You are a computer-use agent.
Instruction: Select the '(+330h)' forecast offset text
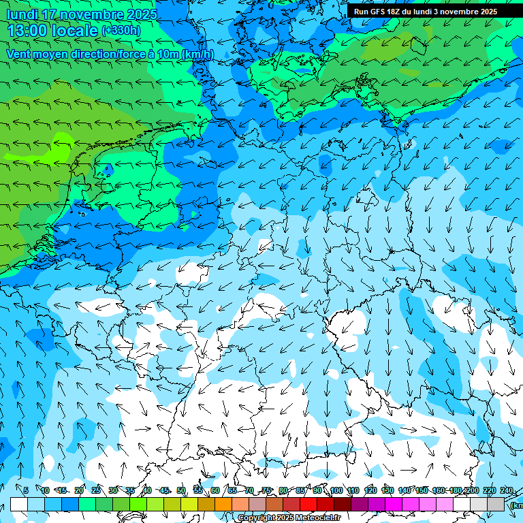(121, 31)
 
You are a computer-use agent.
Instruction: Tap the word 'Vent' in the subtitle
(20, 54)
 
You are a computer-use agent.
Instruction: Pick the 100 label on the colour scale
(336, 490)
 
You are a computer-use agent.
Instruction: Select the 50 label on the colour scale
(181, 490)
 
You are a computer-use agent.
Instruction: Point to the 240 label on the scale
(507, 490)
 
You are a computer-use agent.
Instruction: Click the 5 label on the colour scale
(26, 490)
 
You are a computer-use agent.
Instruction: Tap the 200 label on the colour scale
(472, 490)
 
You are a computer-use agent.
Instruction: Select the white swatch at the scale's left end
(18, 504)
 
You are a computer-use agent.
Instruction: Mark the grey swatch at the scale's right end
(496, 504)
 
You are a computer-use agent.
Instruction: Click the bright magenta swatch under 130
(394, 504)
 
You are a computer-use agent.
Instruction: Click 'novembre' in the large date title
(89, 14)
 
